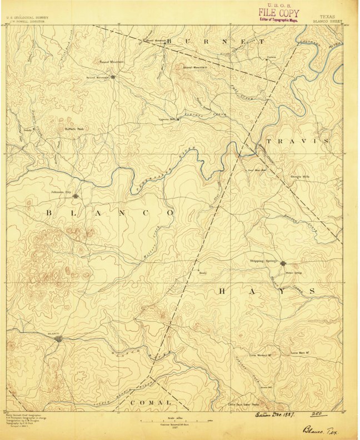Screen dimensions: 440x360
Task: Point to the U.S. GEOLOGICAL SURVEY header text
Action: [x=27, y=18]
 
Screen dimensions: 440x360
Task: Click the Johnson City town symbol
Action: [x=75, y=196]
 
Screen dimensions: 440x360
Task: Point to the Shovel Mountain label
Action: [x=194, y=67]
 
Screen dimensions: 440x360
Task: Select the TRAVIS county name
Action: [x=297, y=142]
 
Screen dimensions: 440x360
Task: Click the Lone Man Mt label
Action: [x=301, y=353]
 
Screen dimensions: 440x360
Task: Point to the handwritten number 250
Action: [x=317, y=414]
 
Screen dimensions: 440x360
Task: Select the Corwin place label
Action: [x=272, y=57]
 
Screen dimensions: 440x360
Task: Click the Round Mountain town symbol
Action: [x=113, y=77]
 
